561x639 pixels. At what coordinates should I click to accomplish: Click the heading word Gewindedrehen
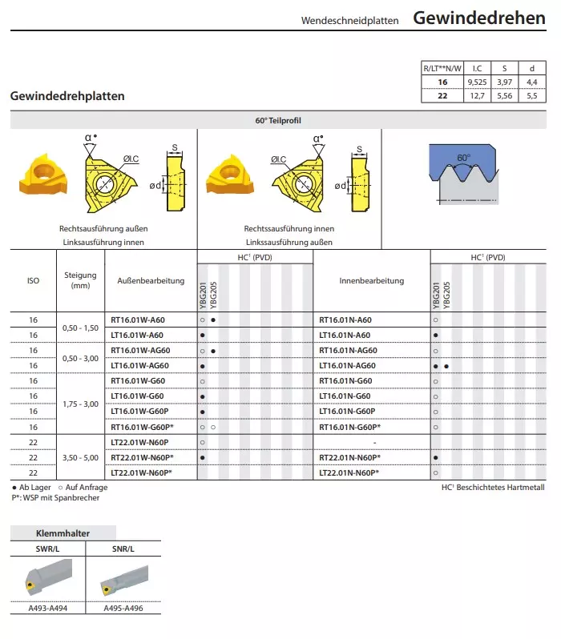click(x=479, y=18)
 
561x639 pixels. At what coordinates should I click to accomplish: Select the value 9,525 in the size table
click(x=477, y=82)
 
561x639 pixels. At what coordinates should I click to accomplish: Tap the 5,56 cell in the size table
click(x=504, y=95)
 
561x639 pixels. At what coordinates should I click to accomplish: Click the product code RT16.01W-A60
click(x=137, y=319)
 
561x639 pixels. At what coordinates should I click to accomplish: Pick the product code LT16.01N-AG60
click(x=347, y=365)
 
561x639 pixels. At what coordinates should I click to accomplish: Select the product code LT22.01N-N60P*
click(x=349, y=472)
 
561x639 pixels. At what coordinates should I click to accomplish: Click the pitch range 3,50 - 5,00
click(x=80, y=457)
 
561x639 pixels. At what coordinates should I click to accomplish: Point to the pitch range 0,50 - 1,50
click(x=80, y=328)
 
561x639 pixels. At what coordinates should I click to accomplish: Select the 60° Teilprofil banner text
click(x=278, y=121)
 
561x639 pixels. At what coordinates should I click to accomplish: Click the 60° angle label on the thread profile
click(x=463, y=159)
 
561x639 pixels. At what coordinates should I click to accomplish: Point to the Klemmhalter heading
click(x=63, y=532)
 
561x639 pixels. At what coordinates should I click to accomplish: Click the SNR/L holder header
click(x=123, y=549)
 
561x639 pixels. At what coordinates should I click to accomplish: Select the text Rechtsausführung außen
click(x=103, y=228)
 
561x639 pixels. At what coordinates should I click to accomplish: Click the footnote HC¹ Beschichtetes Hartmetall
click(x=492, y=487)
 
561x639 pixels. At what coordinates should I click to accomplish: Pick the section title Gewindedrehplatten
click(x=67, y=96)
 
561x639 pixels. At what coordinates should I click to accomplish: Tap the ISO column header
click(x=33, y=281)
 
